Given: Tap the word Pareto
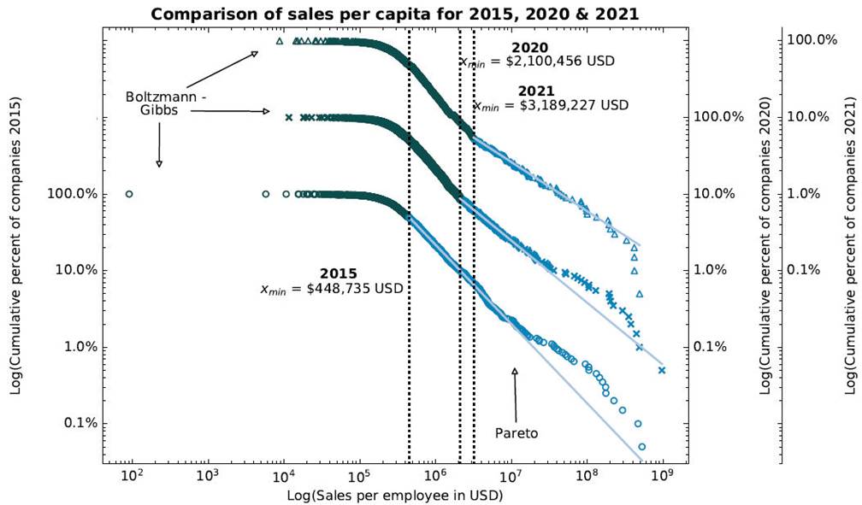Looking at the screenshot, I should tap(517, 433).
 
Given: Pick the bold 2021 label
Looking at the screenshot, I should tap(536, 91).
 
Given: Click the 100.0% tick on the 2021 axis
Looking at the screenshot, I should tap(810, 39).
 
